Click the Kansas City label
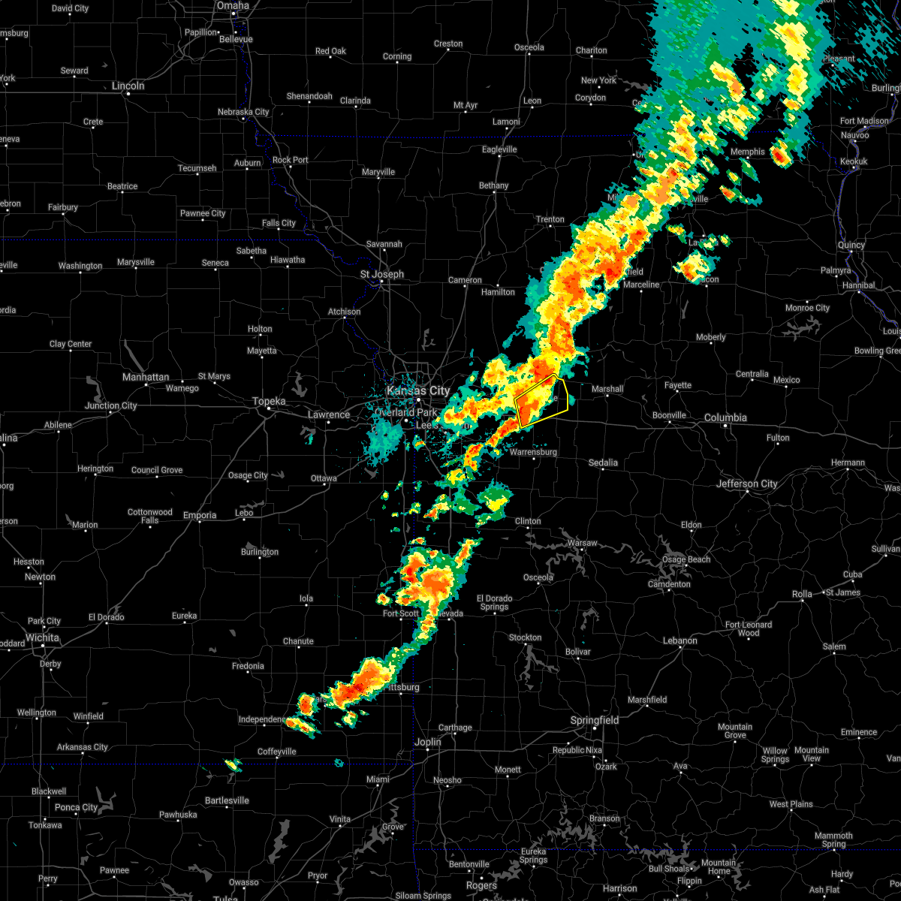point(417,390)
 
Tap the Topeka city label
point(269,402)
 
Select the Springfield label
point(595,721)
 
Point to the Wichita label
point(42,637)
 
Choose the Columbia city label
point(726,417)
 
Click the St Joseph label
point(381,274)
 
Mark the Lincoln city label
point(128,86)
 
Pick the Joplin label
point(428,742)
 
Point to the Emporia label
point(200,515)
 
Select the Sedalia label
point(602,463)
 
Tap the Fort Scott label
point(401,613)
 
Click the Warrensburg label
point(533,452)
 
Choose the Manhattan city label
point(146,377)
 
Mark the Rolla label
point(802,594)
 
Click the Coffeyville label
point(277,752)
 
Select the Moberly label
point(710,337)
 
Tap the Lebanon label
point(680,640)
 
